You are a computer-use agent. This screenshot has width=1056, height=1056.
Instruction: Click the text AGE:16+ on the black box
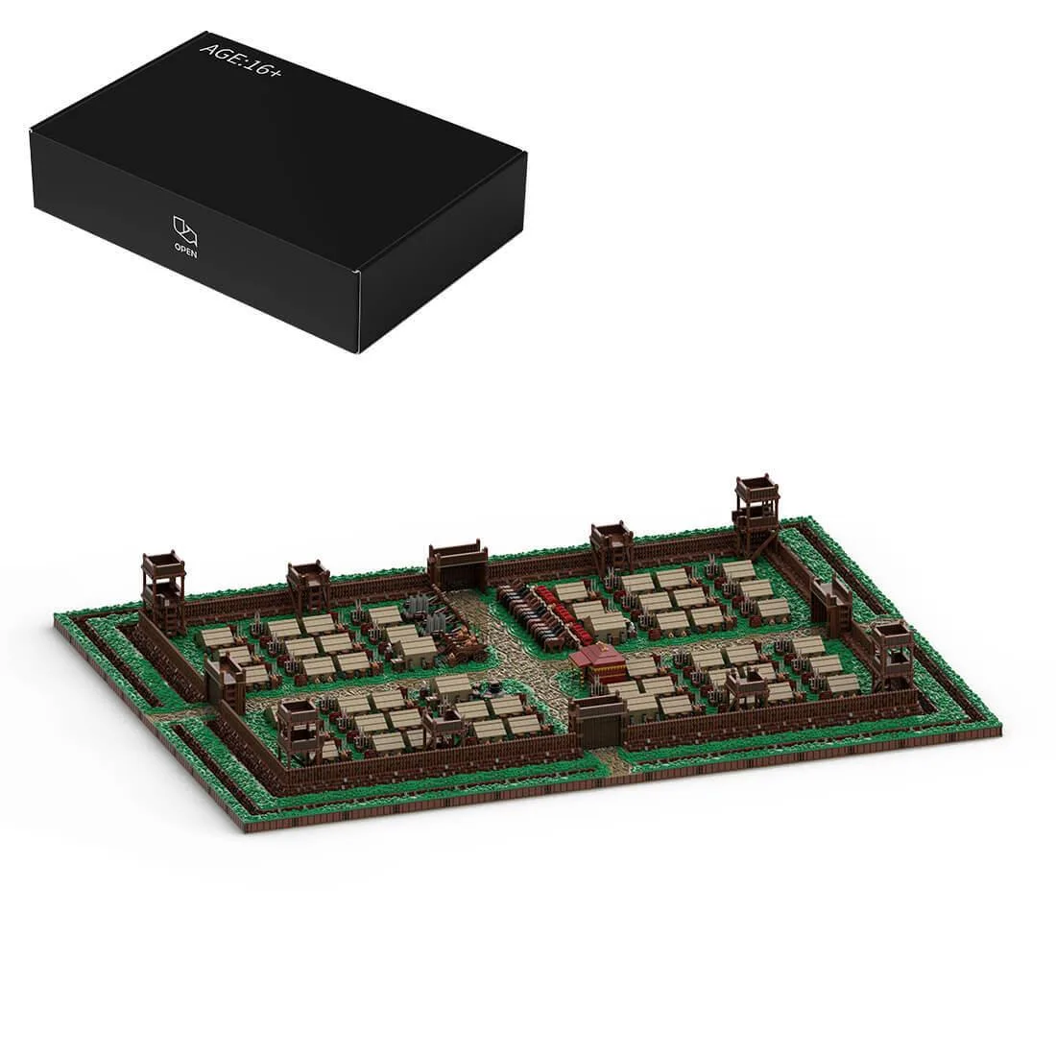click(240, 60)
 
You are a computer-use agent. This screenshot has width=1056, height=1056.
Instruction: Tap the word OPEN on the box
click(185, 251)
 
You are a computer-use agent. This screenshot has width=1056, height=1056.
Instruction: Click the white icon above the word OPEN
click(185, 229)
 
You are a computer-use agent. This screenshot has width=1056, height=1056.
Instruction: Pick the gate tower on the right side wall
click(830, 601)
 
